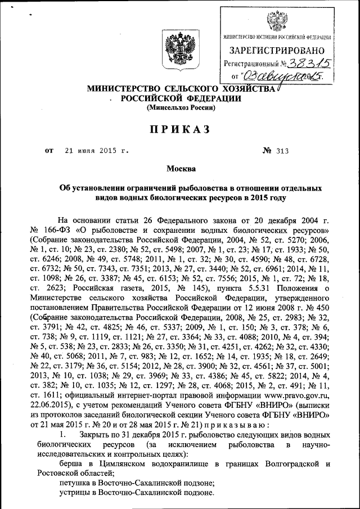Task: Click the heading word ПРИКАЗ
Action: pyautogui.click(x=179, y=130)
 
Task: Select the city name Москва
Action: pyautogui.click(x=181, y=169)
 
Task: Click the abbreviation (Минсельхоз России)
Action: pyautogui.click(x=180, y=107)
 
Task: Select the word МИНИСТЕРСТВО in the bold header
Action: pyautogui.click(x=118, y=89)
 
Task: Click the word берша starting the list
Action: pyautogui.click(x=72, y=464)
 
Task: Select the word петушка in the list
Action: pyautogui.click(x=77, y=483)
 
